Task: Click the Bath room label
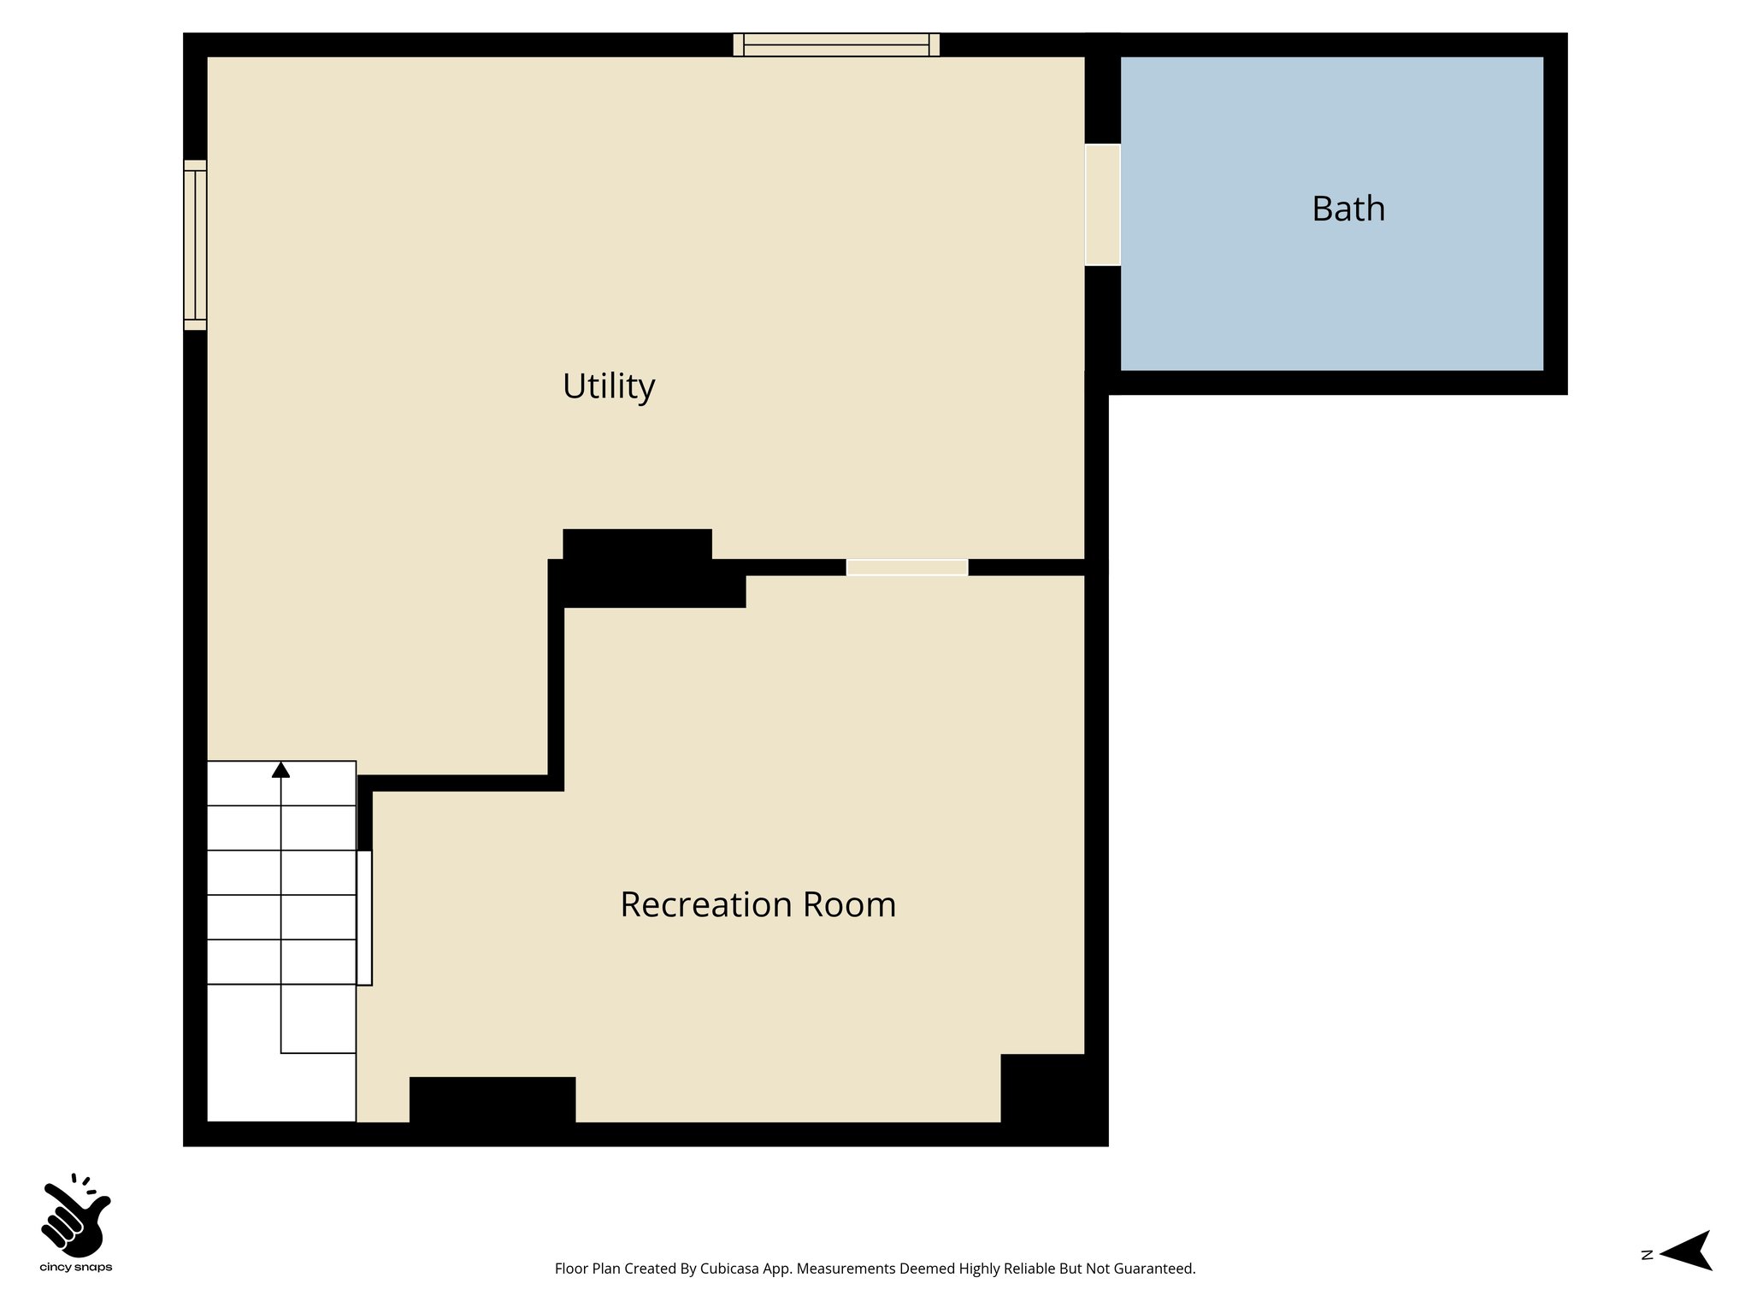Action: (x=1347, y=209)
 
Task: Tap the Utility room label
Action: (x=608, y=386)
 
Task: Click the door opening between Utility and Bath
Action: (x=1102, y=205)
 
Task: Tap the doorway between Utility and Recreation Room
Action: (x=906, y=568)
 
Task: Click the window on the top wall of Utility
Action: (x=835, y=44)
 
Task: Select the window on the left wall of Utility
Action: (x=195, y=244)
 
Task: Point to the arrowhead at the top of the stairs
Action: (x=280, y=770)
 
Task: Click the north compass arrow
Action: (x=1688, y=1251)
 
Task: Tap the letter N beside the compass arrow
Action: (x=1647, y=1255)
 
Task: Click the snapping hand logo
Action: (x=75, y=1214)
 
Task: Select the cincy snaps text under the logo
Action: (x=75, y=1268)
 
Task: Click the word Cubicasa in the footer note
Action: (x=730, y=1269)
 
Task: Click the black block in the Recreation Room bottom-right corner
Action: (x=1043, y=1090)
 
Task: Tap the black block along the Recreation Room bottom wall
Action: (x=492, y=1101)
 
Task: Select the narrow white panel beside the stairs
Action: (x=364, y=917)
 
